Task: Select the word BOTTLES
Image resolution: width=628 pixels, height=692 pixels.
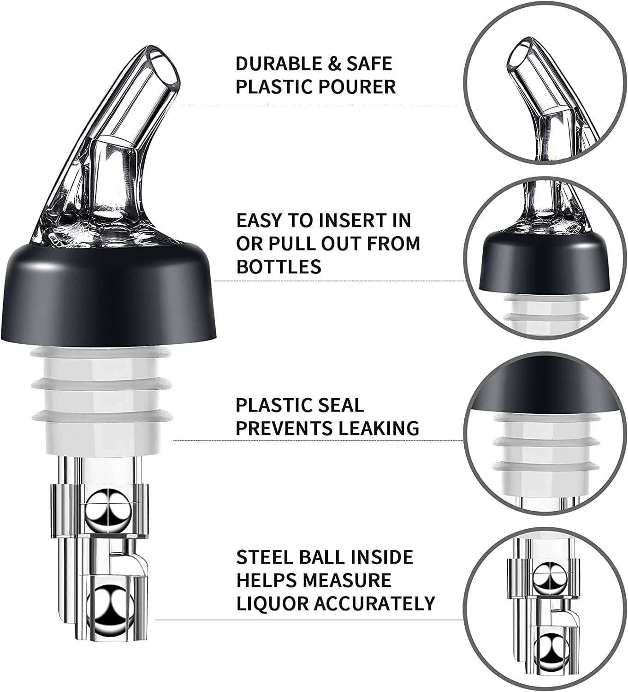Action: click(x=278, y=266)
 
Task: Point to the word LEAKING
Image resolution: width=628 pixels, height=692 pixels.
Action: click(x=378, y=428)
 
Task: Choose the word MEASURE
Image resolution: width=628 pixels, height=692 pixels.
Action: click(x=348, y=580)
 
